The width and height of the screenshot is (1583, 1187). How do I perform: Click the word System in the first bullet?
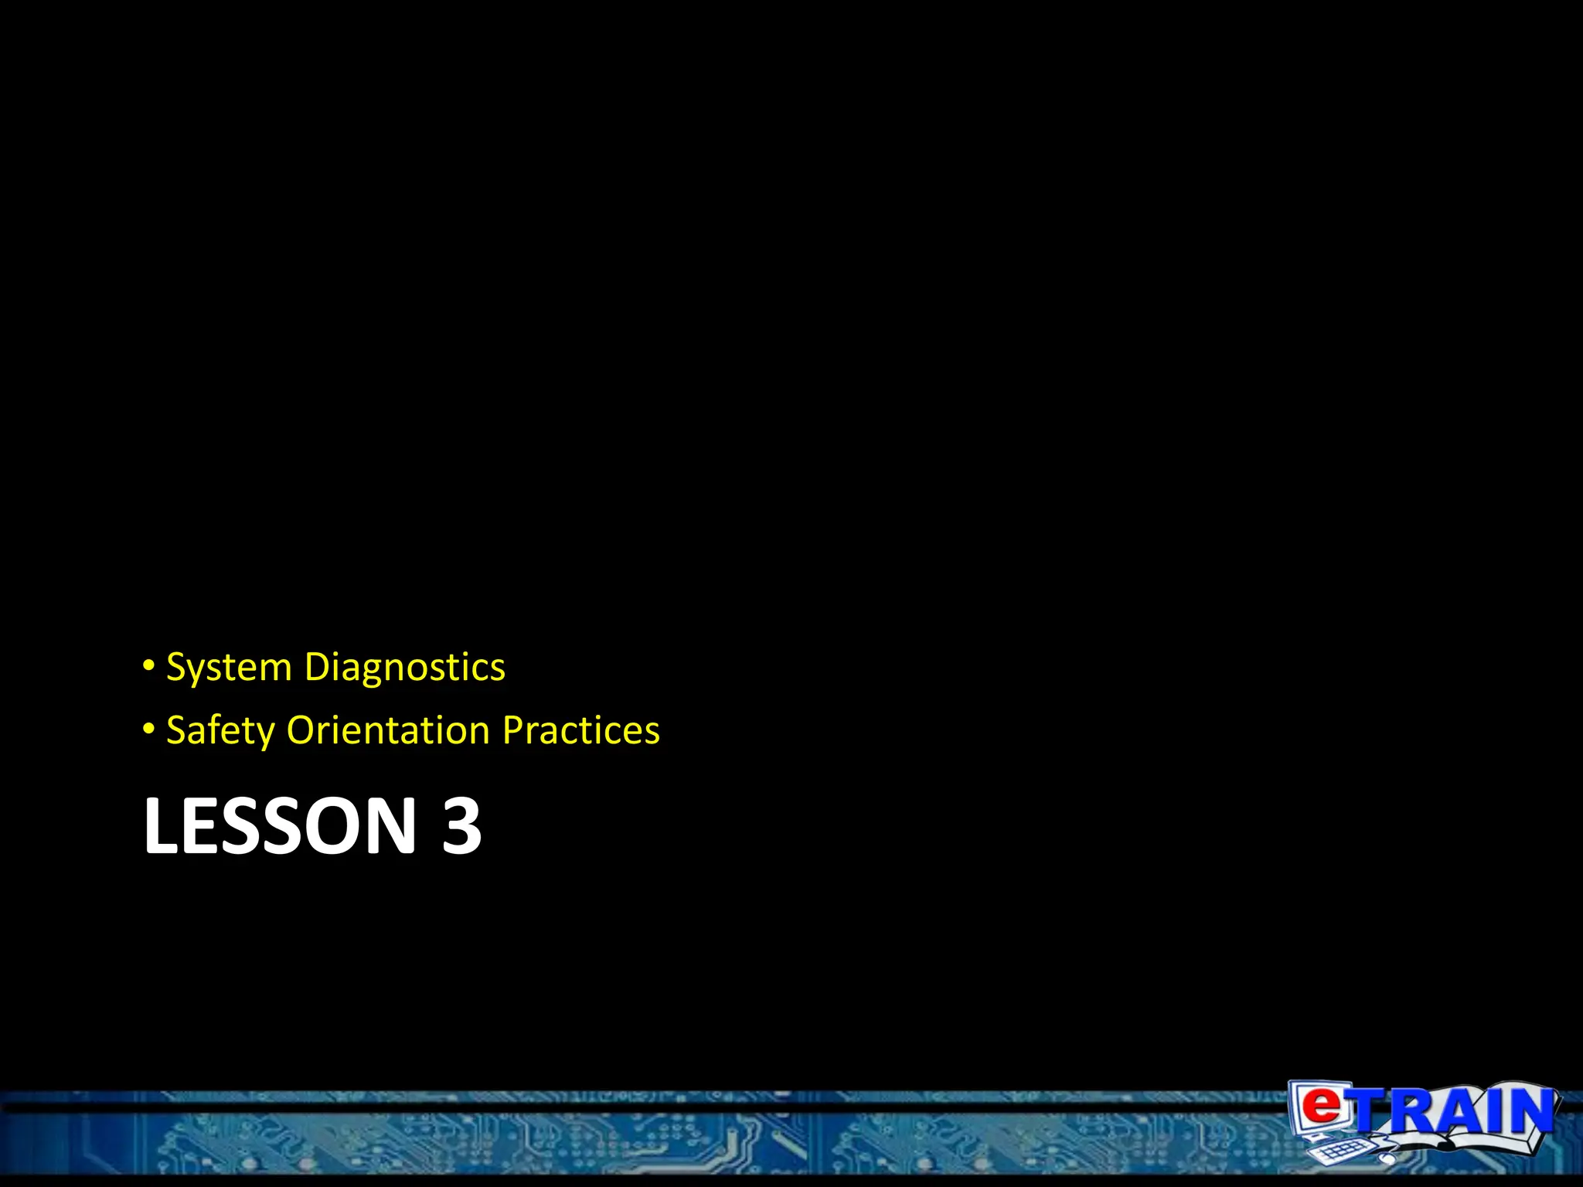[229, 668]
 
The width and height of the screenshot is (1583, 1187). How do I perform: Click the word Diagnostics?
[405, 668]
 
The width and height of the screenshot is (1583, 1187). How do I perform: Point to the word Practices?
[581, 730]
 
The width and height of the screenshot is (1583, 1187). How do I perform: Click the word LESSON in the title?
[280, 826]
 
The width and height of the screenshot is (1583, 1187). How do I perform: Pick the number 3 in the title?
[461, 826]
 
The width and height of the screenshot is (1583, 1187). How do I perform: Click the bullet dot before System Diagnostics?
[149, 666]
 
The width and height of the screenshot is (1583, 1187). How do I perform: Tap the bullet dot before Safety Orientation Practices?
[149, 730]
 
